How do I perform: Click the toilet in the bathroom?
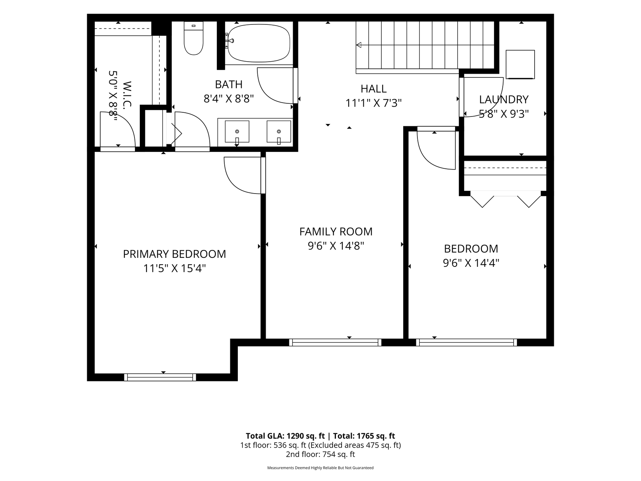pyautogui.click(x=194, y=38)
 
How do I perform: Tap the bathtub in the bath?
pyautogui.click(x=259, y=43)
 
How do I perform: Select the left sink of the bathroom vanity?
pyautogui.click(x=237, y=132)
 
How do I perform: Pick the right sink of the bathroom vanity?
pyautogui.click(x=279, y=132)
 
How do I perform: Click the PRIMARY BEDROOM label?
pyautogui.click(x=174, y=254)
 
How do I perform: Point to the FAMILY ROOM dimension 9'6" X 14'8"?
pyautogui.click(x=336, y=246)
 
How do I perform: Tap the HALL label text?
pyautogui.click(x=373, y=89)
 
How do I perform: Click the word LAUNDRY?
pyautogui.click(x=504, y=99)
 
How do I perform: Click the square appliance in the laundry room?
pyautogui.click(x=520, y=65)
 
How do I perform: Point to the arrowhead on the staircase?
pyautogui.click(x=358, y=45)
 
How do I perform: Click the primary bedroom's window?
pyautogui.click(x=160, y=377)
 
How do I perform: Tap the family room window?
pyautogui.click(x=335, y=342)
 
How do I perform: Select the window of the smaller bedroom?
pyautogui.click(x=466, y=342)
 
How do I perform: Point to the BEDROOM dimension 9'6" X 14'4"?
pyautogui.click(x=471, y=263)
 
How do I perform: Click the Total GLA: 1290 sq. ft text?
pyautogui.click(x=285, y=436)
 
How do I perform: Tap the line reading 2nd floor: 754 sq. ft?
pyautogui.click(x=320, y=454)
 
